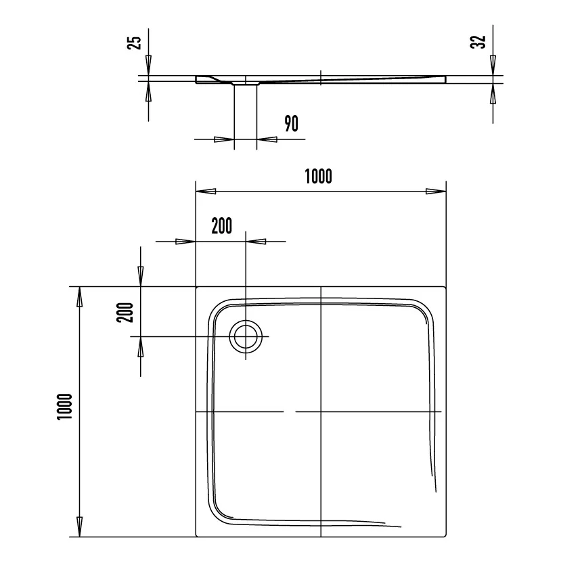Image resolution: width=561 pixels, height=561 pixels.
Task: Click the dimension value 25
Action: point(135,42)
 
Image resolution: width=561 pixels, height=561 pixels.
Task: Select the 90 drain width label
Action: point(291,123)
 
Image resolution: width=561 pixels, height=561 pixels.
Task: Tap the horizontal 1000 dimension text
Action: point(318,177)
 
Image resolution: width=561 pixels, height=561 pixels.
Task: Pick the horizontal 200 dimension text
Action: point(221,226)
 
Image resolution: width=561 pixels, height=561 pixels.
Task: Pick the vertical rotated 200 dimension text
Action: point(125,312)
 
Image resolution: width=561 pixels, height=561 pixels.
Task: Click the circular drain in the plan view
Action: point(246,336)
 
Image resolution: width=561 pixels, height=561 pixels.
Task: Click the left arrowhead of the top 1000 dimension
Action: point(205,192)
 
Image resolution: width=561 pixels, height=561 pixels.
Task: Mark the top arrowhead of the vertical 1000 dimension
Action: point(80,296)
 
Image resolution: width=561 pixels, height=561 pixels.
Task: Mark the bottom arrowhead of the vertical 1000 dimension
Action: point(80,526)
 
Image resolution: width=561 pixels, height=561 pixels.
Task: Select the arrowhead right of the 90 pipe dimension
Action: point(267,139)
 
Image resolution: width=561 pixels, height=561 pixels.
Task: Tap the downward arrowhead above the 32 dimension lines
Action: point(493,66)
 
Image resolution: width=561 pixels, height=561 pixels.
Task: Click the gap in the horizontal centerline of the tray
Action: point(290,411)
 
